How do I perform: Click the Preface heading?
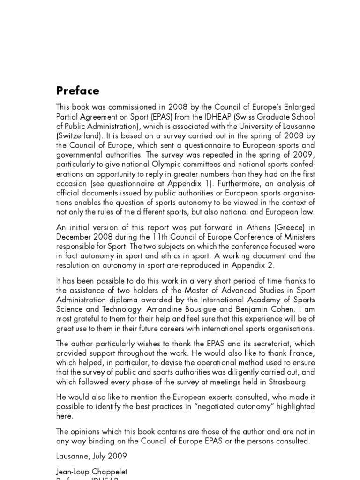78,90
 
